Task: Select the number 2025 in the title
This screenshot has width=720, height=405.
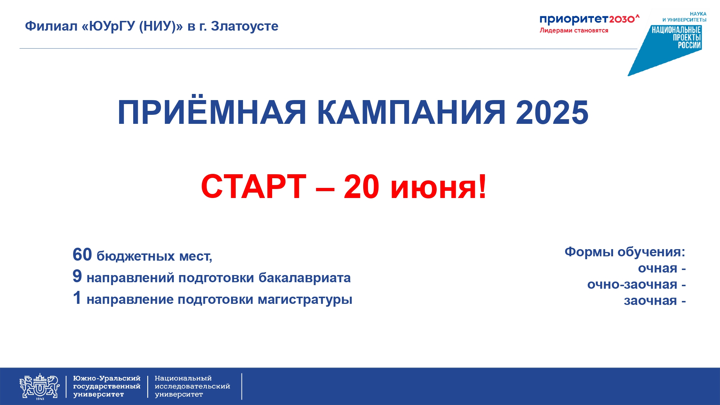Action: pos(552,112)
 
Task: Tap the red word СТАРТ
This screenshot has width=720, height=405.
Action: pos(253,186)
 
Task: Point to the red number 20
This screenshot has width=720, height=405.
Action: pos(361,186)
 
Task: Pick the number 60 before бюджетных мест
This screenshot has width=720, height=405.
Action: pos(82,255)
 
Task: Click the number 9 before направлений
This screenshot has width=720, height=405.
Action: pos(77,276)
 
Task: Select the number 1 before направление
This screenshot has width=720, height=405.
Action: pos(77,298)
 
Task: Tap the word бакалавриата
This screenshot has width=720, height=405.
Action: pos(305,278)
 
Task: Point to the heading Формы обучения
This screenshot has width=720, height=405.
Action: pos(625,252)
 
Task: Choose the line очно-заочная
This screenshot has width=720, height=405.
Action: pos(636,284)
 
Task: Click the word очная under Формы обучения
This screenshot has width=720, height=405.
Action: pos(658,269)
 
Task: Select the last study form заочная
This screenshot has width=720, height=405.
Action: pos(651,301)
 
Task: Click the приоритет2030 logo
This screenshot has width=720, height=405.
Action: pos(589,19)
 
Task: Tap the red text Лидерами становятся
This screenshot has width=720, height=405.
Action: pos(574,31)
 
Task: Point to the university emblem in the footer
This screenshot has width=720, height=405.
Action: pos(40,386)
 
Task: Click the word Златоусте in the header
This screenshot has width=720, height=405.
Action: pos(245,26)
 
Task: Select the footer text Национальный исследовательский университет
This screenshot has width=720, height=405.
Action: pos(192,386)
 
